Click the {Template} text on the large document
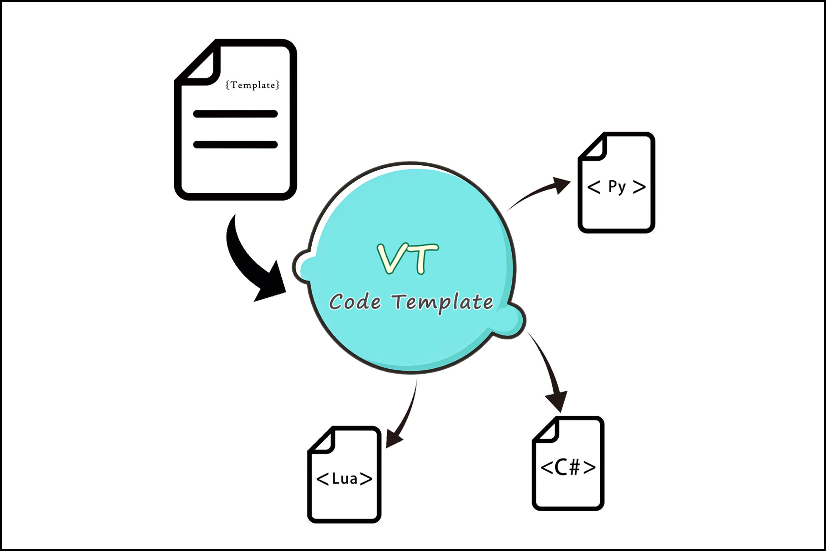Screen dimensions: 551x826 [x=252, y=85]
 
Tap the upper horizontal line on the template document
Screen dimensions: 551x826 [x=235, y=114]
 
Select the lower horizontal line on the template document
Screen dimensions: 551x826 [x=235, y=145]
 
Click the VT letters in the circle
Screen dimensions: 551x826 [x=407, y=259]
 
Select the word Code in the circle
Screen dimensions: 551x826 [x=355, y=302]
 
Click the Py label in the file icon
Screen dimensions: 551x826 [x=616, y=186]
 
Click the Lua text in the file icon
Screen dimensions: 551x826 [x=344, y=479]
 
